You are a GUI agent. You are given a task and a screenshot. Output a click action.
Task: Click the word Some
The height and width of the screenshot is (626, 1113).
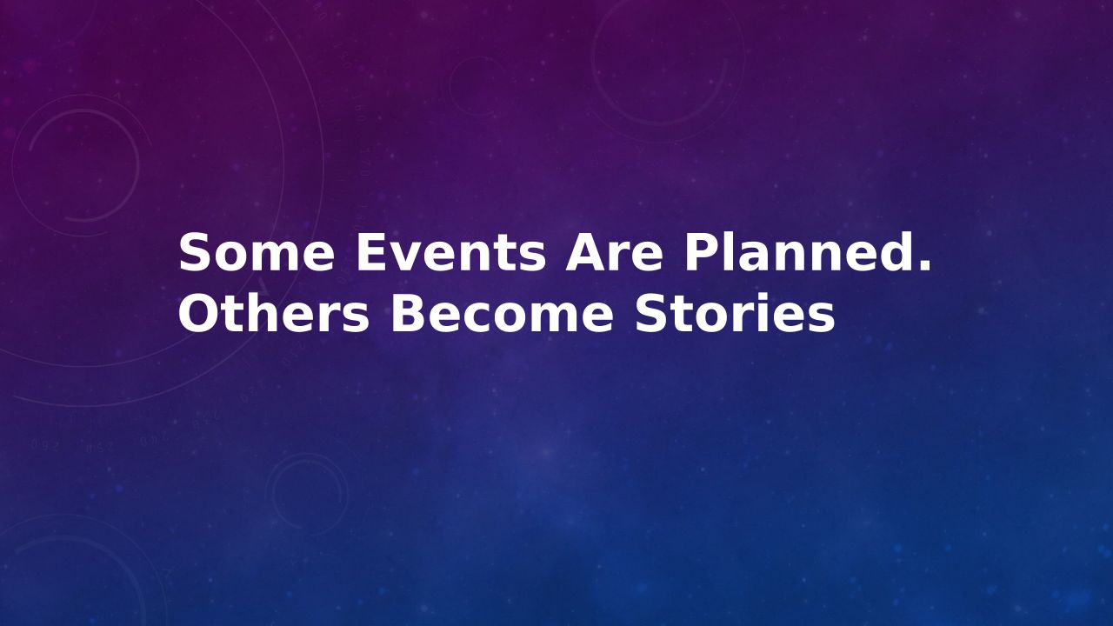257,252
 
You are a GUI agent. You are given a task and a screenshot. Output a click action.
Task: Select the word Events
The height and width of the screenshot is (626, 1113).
451,252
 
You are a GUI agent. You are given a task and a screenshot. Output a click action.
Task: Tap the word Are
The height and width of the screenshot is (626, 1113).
614,252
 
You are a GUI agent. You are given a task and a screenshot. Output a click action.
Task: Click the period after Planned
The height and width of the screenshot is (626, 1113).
924,267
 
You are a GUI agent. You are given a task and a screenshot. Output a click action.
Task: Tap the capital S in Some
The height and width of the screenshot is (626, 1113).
194,252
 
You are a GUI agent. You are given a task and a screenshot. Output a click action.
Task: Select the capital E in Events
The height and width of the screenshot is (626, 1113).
371,252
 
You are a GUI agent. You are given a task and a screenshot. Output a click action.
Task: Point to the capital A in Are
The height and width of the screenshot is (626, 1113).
584,252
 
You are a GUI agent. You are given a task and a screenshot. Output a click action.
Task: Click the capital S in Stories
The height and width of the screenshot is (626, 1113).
651,313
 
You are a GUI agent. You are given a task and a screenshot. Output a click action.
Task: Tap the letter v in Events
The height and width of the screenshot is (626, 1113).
405,257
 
